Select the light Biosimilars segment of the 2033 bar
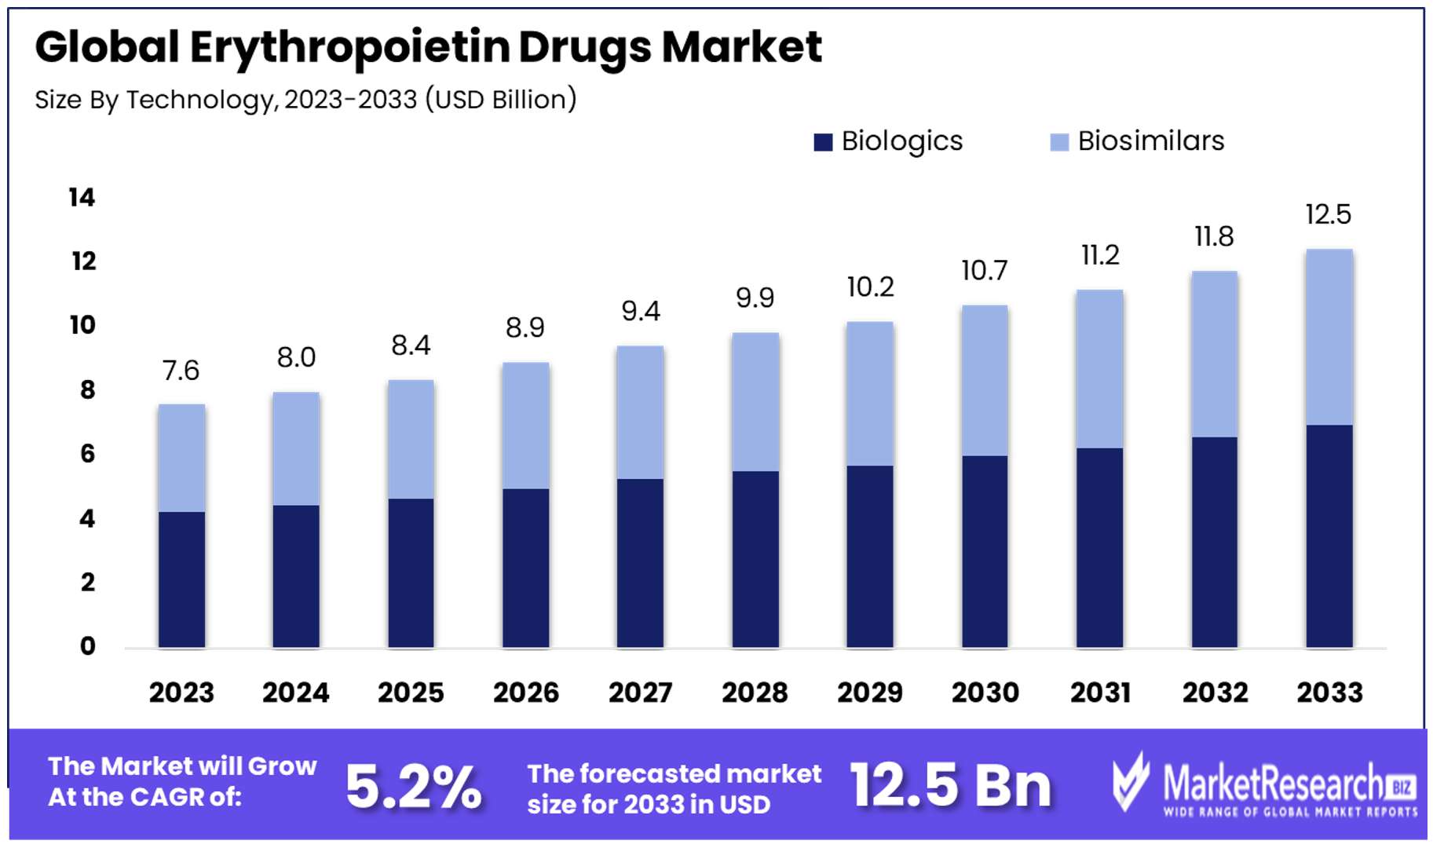(1329, 337)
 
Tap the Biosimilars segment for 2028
(755, 402)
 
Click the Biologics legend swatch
(823, 142)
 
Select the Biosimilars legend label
(1150, 141)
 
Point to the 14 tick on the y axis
(82, 197)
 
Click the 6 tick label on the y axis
(87, 453)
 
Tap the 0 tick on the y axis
(87, 646)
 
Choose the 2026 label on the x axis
(525, 693)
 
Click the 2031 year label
(1100, 693)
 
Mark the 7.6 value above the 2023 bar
(181, 370)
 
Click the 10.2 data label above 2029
(870, 287)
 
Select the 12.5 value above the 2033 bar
(1328, 214)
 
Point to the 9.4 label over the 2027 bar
(641, 312)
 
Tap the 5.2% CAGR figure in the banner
(413, 786)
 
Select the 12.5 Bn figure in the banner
(950, 785)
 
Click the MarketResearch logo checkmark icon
(1131, 781)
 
